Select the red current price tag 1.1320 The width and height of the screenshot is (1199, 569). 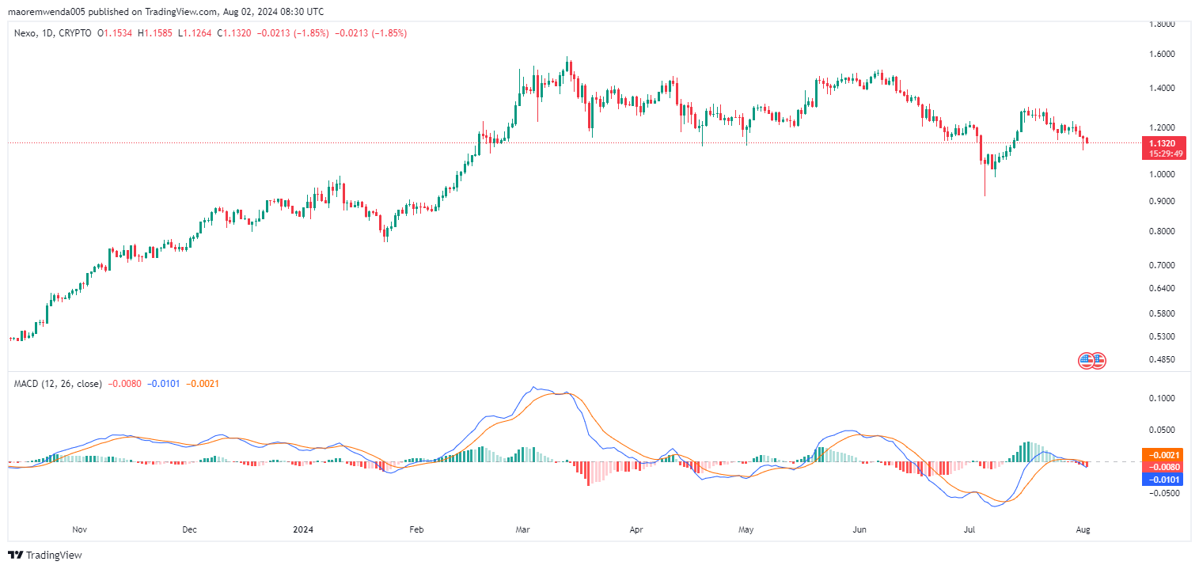[x=1163, y=143]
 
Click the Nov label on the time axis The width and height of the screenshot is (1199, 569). [x=78, y=529]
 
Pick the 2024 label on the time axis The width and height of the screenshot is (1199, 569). [x=304, y=529]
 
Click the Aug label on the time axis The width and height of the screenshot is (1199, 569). [x=1083, y=529]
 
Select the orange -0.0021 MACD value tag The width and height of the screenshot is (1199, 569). [x=1163, y=455]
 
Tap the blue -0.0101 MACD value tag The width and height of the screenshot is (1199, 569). [x=1163, y=480]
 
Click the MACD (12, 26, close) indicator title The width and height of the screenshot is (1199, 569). [x=58, y=384]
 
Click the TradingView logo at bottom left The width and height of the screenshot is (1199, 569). [x=45, y=555]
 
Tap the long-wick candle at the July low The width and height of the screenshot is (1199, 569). [x=985, y=178]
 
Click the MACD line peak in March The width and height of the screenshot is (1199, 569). [x=534, y=388]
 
